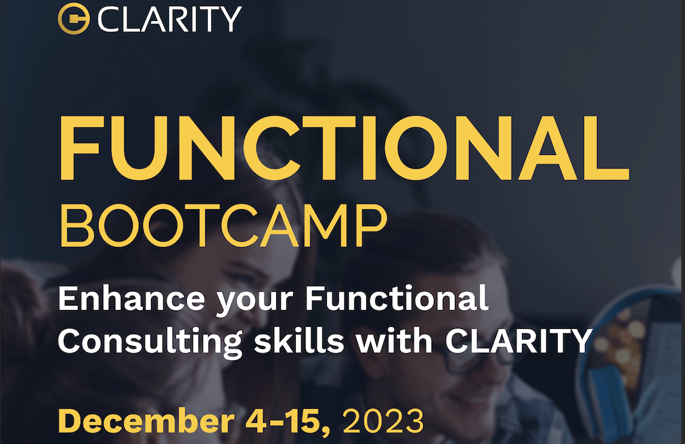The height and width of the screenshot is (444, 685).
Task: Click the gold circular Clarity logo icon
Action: pyautogui.click(x=73, y=19)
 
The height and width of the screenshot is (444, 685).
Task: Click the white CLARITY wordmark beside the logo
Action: pyautogui.click(x=169, y=19)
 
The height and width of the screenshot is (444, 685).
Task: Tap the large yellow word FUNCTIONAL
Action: pyautogui.click(x=344, y=149)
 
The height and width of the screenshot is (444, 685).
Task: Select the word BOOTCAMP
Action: pyautogui.click(x=223, y=225)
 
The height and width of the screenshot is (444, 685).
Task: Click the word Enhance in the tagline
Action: pyautogui.click(x=131, y=298)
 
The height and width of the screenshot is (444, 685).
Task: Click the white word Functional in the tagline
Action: pyautogui.click(x=396, y=298)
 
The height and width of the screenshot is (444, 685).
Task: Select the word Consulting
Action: pyautogui.click(x=150, y=342)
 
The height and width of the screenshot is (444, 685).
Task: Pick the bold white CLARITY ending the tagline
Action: pyautogui.click(x=518, y=340)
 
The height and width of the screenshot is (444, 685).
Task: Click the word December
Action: pyautogui.click(x=146, y=421)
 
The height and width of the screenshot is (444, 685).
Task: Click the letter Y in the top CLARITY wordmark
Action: pyautogui.click(x=231, y=19)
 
